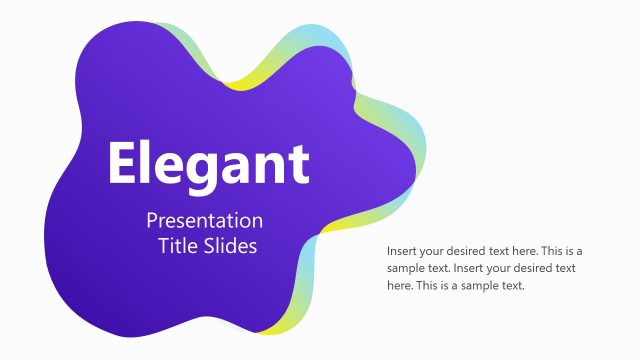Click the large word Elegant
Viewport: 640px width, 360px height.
208,164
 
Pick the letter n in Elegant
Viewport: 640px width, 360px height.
271,167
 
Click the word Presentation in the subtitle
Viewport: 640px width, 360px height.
204,221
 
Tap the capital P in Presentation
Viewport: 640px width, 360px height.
152,221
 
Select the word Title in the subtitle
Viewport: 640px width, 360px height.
176,246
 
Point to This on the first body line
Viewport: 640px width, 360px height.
539,251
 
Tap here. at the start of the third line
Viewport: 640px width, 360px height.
401,285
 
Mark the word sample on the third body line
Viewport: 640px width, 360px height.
479,285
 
